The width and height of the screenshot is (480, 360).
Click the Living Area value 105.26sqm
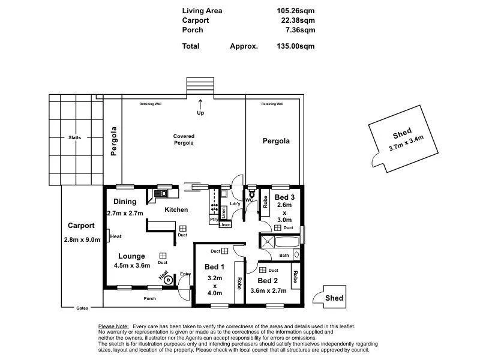(293, 11)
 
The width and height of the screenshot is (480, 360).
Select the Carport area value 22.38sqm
(295, 20)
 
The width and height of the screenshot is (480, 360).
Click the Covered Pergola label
(184, 140)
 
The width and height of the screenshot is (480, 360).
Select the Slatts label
(75, 137)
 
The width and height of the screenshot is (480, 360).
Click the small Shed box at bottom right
(334, 298)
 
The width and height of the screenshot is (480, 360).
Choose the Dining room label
(125, 202)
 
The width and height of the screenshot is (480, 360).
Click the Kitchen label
(176, 210)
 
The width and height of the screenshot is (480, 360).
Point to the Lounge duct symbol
(163, 256)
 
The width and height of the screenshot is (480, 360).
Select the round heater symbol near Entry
(169, 279)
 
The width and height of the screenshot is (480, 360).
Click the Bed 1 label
(214, 267)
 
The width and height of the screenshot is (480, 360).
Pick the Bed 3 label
(285, 197)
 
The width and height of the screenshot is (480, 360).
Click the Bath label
(284, 256)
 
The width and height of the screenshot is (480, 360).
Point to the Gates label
(82, 308)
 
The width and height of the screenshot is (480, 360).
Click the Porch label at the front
(150, 299)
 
